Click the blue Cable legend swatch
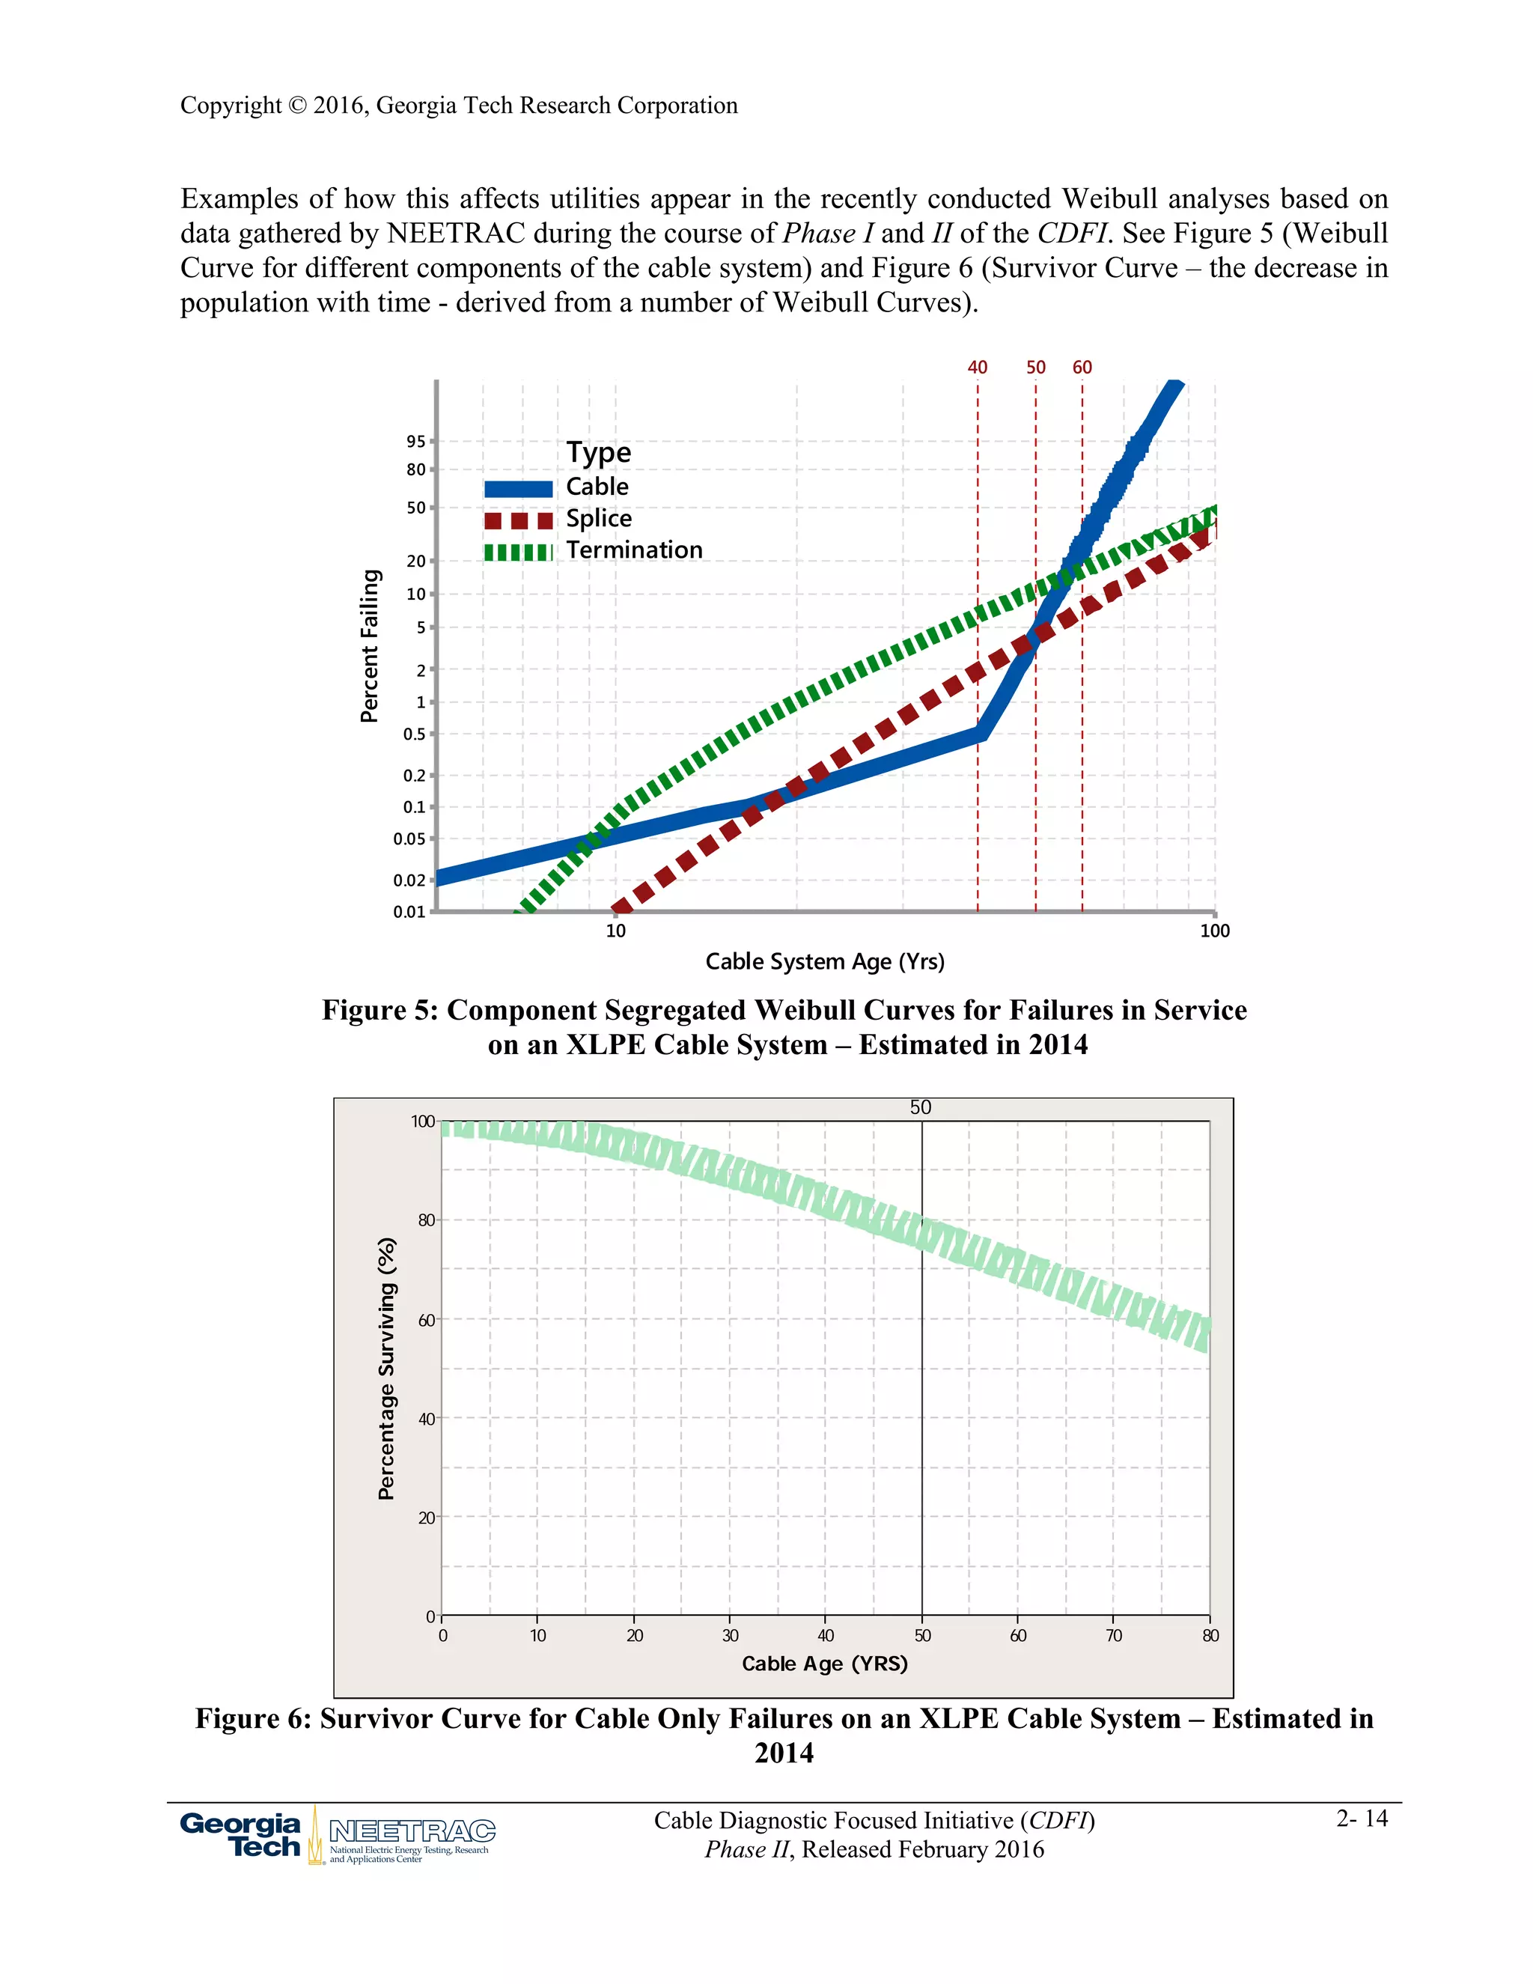click(518, 489)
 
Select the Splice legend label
click(599, 518)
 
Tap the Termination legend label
click(634, 550)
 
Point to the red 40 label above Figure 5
click(977, 367)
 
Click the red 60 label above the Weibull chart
click(1082, 367)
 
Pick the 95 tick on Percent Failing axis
click(416, 442)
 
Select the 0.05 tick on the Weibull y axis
click(409, 839)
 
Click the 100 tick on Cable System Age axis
click(1214, 930)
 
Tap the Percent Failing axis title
click(369, 646)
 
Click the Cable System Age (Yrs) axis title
click(825, 961)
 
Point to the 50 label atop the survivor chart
click(920, 1107)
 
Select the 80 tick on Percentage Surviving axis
click(426, 1220)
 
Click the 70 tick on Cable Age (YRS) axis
click(1113, 1635)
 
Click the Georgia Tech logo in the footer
click(241, 1835)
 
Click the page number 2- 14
click(1362, 1818)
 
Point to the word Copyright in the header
click(231, 106)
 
